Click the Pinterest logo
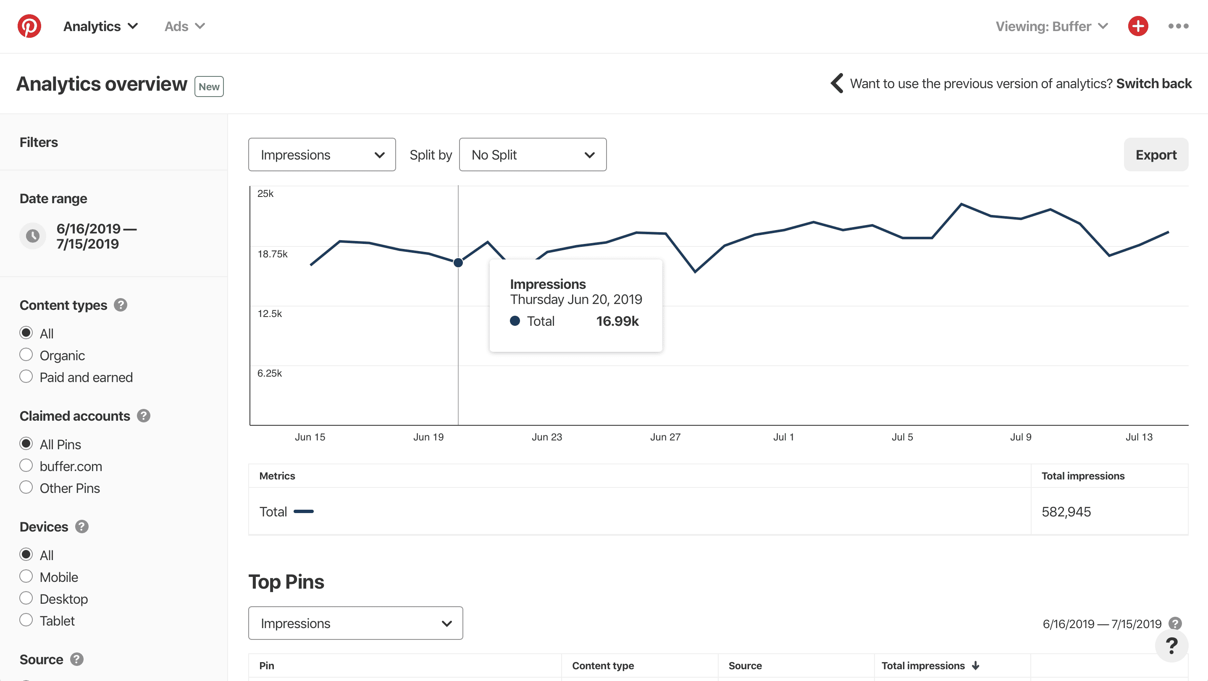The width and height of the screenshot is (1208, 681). [x=29, y=26]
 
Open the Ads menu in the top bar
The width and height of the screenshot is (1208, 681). [x=184, y=26]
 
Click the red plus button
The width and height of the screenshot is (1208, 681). [x=1138, y=26]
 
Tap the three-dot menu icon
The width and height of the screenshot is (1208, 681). [x=1178, y=26]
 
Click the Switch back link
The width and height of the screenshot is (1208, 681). [x=1153, y=84]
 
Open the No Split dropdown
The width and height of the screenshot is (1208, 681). [x=532, y=155]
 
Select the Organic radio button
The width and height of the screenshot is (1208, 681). [x=26, y=355]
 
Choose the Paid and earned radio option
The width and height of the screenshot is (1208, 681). [x=26, y=377]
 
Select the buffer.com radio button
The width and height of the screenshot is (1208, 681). [x=26, y=466]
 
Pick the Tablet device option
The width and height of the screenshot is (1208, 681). [x=26, y=620]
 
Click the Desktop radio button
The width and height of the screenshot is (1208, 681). [x=26, y=599]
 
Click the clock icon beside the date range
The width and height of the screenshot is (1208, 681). [x=33, y=236]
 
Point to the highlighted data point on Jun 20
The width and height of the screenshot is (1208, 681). [x=458, y=263]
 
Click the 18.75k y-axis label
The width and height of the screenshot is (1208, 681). [x=273, y=254]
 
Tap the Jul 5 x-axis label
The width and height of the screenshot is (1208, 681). [x=902, y=437]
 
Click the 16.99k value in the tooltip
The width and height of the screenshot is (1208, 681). [x=617, y=322]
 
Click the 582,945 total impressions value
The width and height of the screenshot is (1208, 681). [x=1066, y=512]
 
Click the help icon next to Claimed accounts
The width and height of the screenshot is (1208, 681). [x=144, y=416]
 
